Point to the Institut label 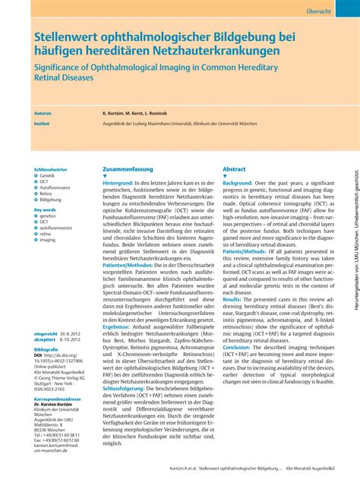point(43,121)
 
